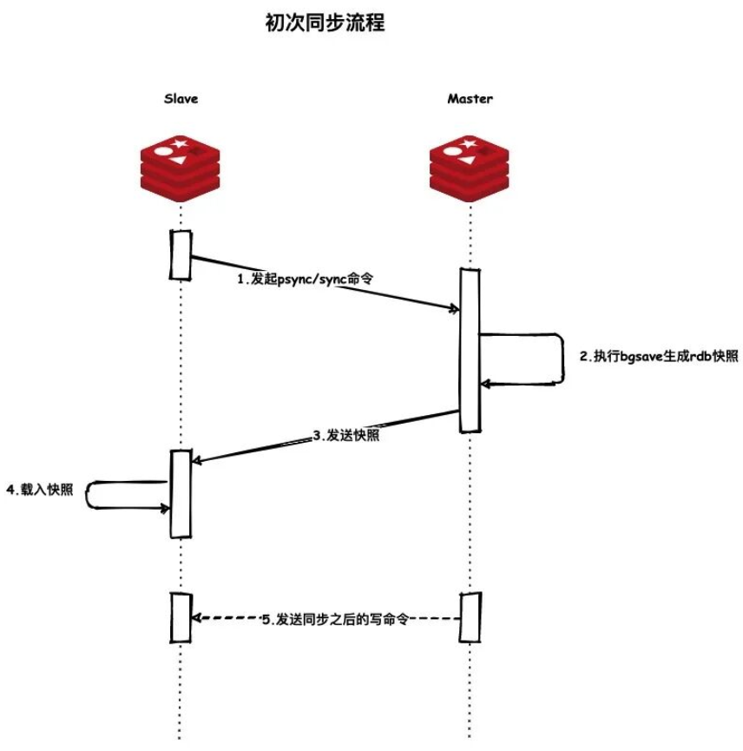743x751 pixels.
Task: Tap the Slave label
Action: pos(181,98)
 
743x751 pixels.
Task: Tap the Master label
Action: pos(470,98)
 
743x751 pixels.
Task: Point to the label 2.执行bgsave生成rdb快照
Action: pos(659,356)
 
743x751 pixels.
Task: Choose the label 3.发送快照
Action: pos(345,435)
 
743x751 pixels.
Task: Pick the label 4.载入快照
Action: pos(40,490)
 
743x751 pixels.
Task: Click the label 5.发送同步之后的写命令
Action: pos(335,620)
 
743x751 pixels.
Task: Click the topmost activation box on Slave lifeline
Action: pos(181,254)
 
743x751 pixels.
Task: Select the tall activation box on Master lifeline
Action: pos(470,349)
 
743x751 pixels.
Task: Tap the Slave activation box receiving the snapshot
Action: pos(181,493)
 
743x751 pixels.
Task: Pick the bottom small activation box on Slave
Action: pos(181,617)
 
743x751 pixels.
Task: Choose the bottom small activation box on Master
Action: pos(470,617)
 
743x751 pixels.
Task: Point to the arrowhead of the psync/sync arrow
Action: pos(456,309)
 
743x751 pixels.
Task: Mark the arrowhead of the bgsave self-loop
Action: pos(485,383)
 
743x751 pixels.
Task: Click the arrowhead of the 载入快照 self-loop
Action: pos(166,508)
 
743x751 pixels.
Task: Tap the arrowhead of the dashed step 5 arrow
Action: pos(195,618)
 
